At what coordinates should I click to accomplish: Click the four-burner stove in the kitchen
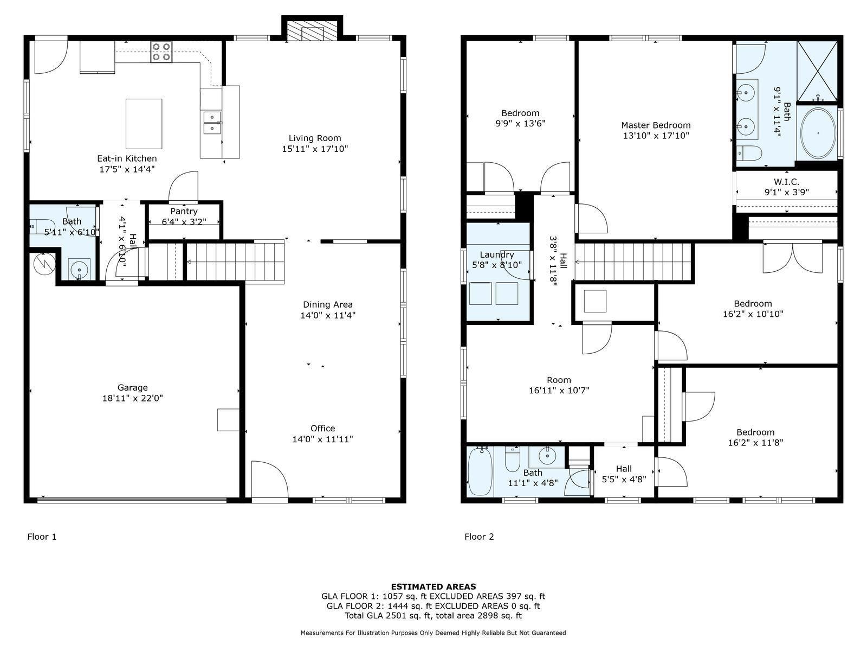click(161, 52)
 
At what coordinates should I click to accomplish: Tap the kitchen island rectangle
click(144, 124)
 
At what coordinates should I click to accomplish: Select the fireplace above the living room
click(312, 28)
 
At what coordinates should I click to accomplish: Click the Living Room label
click(315, 138)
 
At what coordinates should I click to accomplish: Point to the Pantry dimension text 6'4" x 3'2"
click(184, 222)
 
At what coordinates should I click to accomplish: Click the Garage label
click(132, 387)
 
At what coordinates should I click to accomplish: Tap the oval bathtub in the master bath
click(818, 133)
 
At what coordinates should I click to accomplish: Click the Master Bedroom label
click(656, 125)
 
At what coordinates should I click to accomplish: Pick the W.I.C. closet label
click(786, 182)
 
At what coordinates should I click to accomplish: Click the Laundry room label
click(497, 255)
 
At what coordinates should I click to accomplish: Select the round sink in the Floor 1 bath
click(80, 270)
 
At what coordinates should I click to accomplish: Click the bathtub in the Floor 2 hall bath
click(480, 470)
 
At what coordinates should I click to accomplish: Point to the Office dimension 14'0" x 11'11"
click(323, 439)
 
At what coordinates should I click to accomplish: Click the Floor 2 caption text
click(479, 537)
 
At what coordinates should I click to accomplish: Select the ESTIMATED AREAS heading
click(433, 586)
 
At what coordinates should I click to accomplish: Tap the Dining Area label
click(327, 304)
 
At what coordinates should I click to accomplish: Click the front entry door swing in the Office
click(270, 480)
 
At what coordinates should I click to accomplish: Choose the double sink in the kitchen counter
click(212, 123)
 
